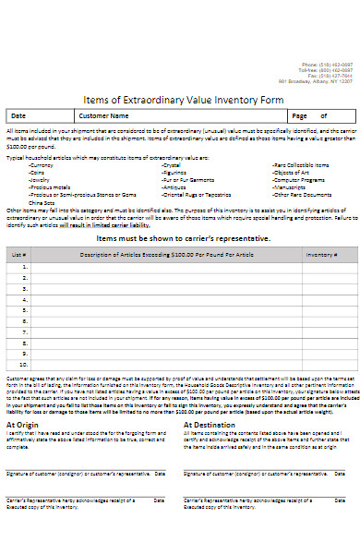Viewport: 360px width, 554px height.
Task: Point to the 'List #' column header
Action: tap(18, 252)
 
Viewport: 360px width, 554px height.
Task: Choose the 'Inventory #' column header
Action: tap(322, 252)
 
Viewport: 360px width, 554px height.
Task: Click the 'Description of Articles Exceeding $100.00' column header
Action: tap(167, 252)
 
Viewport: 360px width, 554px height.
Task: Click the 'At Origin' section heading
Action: tap(23, 399)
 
